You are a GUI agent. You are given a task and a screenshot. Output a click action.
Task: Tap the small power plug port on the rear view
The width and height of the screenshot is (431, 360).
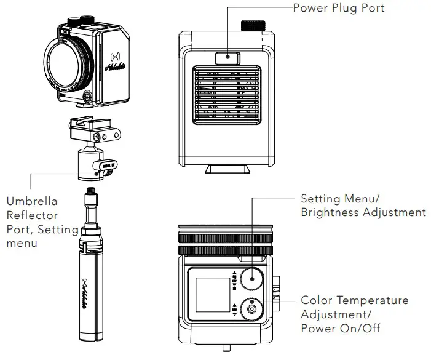coord(227,58)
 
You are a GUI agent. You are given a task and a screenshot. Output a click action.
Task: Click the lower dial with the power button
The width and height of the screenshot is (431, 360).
coord(251,309)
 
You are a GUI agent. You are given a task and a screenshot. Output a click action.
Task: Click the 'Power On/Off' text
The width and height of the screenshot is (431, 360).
coord(340,327)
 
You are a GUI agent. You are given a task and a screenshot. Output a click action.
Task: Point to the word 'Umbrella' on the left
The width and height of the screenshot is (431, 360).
coord(31,201)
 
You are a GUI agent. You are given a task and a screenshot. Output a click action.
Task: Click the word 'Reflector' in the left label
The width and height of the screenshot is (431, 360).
coord(32,215)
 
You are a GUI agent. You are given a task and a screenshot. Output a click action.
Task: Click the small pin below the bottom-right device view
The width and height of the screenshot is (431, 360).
coord(227,350)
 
